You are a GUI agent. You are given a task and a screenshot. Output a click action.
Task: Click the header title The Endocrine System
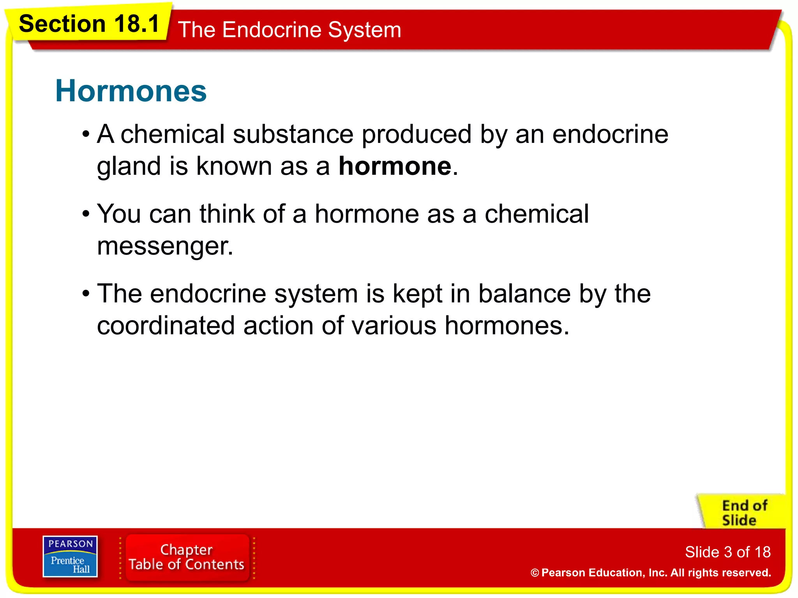(x=289, y=30)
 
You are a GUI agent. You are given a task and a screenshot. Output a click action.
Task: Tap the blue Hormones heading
(x=131, y=91)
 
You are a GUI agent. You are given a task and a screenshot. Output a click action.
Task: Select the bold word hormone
(x=395, y=166)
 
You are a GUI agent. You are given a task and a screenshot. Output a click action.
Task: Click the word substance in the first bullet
(x=293, y=134)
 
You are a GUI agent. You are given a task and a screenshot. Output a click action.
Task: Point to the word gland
(x=129, y=166)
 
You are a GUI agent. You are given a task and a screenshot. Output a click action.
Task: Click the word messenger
(x=164, y=246)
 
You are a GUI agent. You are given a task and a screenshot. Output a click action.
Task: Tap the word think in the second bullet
(x=227, y=214)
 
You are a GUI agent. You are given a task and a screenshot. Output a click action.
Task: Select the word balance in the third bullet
(x=524, y=294)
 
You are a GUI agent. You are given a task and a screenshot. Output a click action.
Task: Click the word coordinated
(x=166, y=325)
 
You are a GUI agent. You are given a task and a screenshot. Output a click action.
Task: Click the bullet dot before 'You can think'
(x=86, y=215)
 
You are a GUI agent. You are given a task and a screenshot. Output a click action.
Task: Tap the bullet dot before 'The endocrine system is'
(x=86, y=294)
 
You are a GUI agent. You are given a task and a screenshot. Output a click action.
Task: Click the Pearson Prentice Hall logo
(x=70, y=556)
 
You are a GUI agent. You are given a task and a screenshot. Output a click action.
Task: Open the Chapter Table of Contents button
(x=187, y=557)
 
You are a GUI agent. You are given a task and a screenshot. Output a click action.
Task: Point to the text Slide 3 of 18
(x=727, y=552)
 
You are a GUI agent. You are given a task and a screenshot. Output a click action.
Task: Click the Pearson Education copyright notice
(x=651, y=573)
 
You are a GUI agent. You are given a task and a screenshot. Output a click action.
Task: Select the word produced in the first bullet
(x=417, y=134)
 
